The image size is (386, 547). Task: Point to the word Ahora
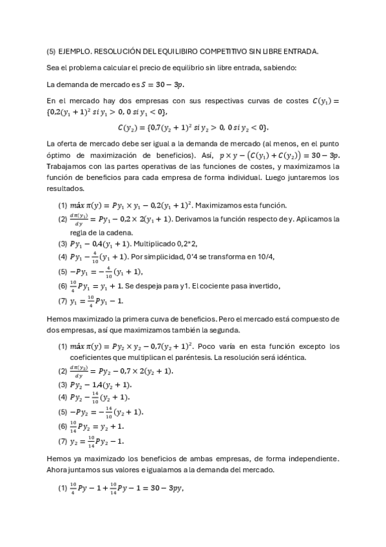tap(59, 470)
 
